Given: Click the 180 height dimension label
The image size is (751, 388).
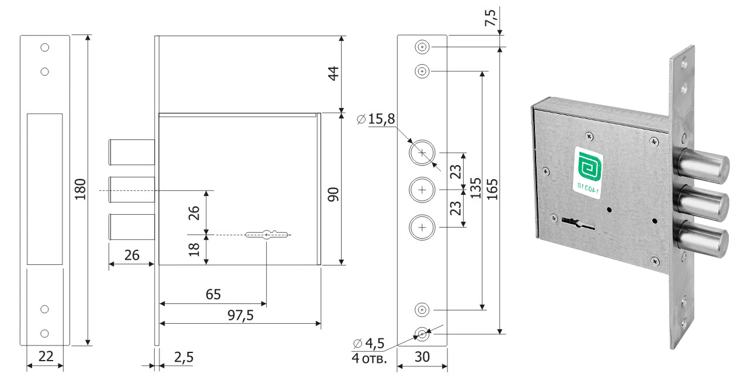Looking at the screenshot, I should pos(80,189).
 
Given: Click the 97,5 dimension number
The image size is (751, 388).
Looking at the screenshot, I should pos(239,315).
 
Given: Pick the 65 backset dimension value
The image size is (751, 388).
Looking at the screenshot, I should pos(213,295).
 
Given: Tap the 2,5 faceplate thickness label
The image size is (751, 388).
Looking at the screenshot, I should pos(183,357).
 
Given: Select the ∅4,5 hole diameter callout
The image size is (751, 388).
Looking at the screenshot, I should pos(370,343).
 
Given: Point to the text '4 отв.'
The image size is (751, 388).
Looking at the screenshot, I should pos(370,357).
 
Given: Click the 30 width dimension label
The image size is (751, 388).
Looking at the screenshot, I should pos(422,356).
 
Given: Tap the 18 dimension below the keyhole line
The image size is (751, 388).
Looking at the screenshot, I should pos(196,249).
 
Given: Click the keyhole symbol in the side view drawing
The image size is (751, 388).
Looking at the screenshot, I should pos(267,235).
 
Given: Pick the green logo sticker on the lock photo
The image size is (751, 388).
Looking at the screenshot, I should pos(591,169).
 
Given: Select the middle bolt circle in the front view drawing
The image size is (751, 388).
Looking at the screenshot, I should pos(422,190).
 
